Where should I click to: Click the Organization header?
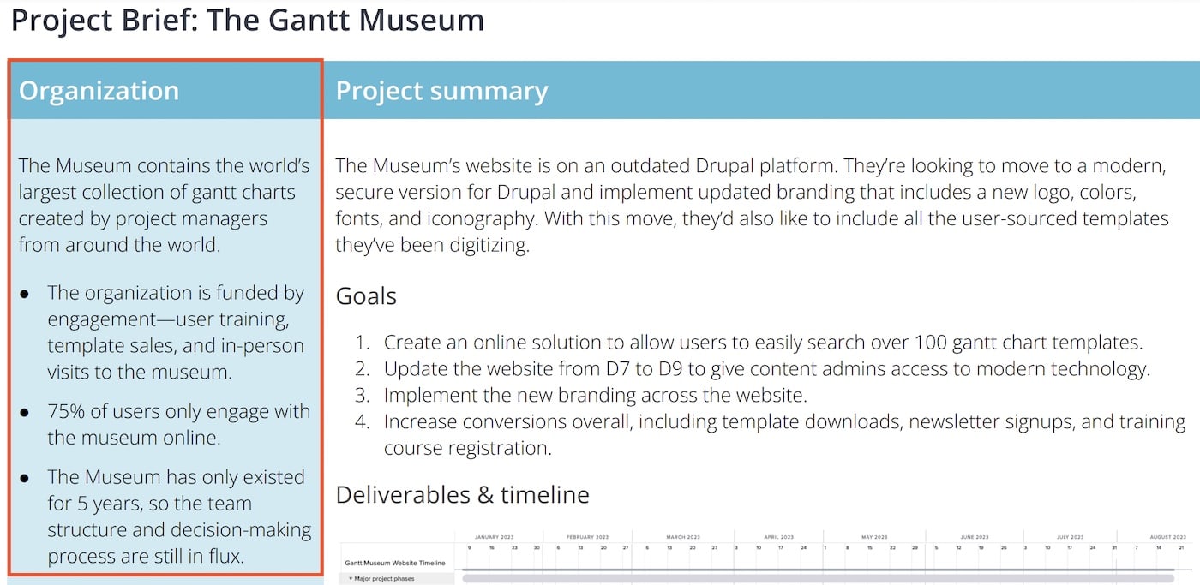click(x=99, y=91)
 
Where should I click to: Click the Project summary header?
click(x=441, y=91)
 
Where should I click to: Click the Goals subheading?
click(x=366, y=296)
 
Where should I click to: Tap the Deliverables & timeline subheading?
click(x=462, y=495)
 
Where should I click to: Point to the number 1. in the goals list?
click(x=363, y=343)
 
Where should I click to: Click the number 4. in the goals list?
click(x=363, y=421)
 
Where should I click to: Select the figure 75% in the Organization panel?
click(x=66, y=411)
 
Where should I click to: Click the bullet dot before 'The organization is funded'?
click(x=25, y=294)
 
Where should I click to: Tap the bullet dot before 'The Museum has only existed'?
click(x=25, y=477)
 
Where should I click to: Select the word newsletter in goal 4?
click(x=951, y=421)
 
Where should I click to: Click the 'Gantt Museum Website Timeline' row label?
click(x=395, y=563)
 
